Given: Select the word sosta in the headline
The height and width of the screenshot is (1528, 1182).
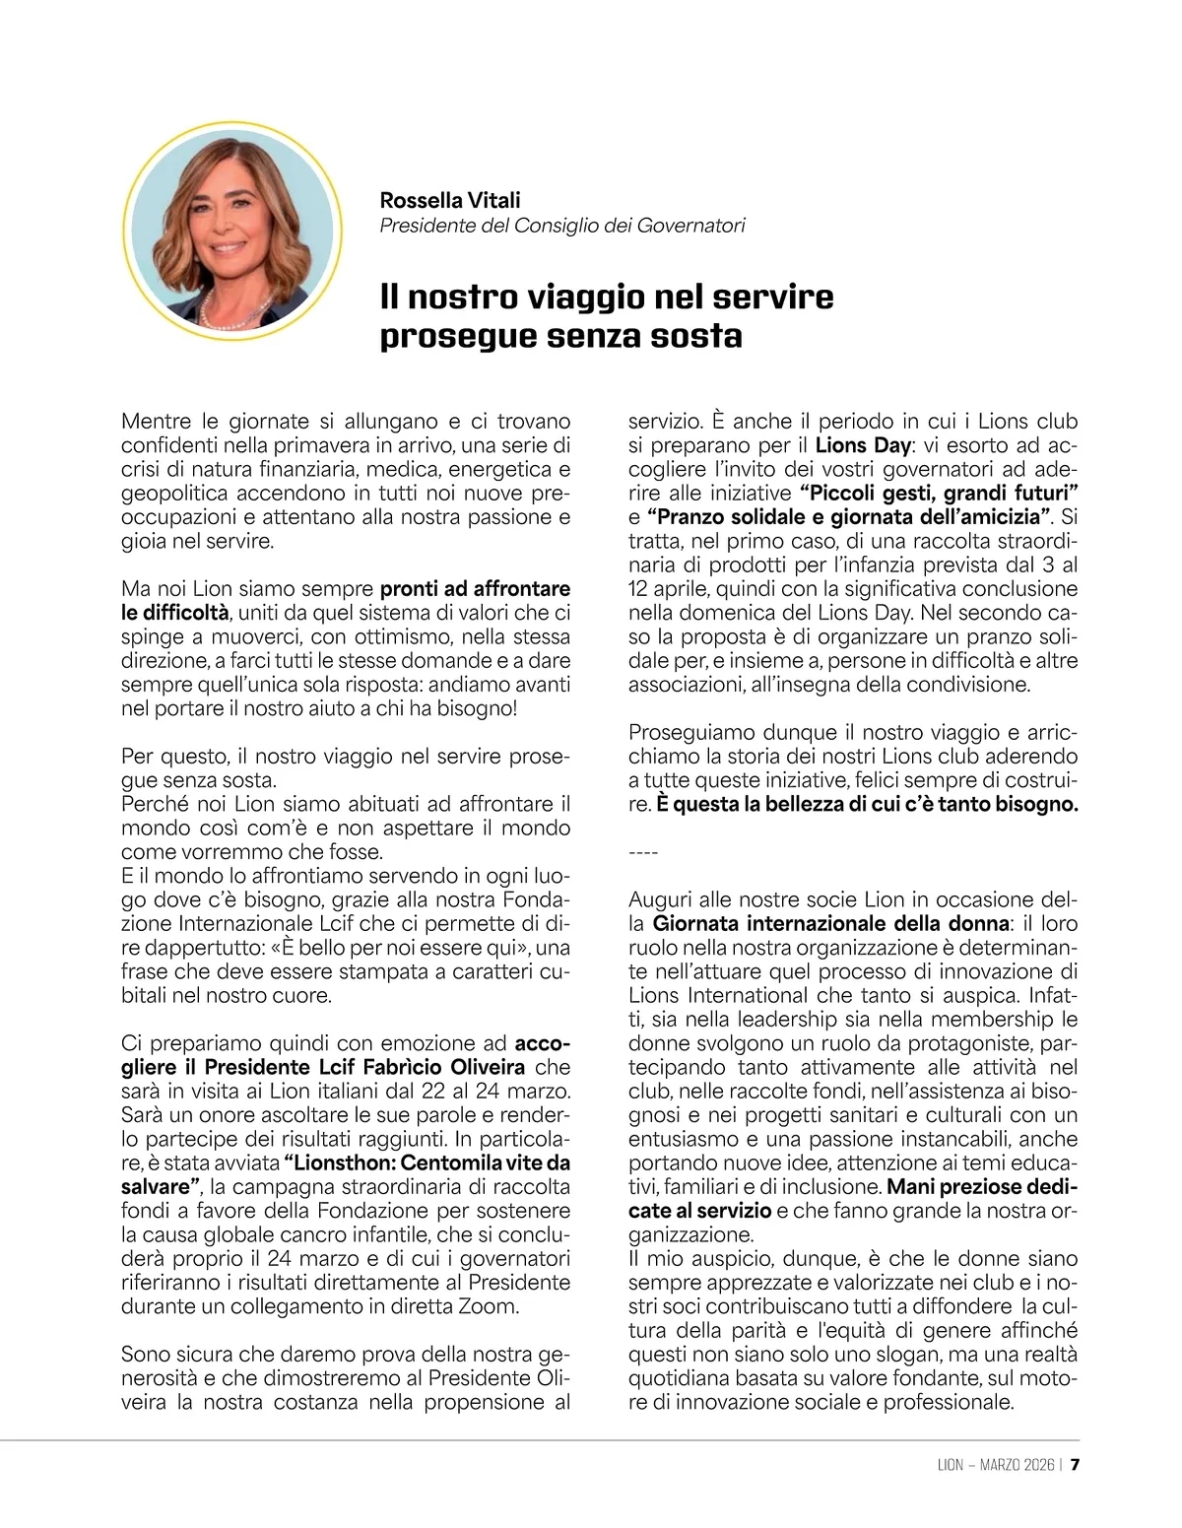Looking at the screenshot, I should [697, 336].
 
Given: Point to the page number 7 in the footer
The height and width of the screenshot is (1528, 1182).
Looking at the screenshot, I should [1076, 1464].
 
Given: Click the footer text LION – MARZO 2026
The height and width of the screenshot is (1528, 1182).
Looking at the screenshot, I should [995, 1464].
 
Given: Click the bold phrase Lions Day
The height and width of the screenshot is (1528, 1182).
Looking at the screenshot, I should [863, 445].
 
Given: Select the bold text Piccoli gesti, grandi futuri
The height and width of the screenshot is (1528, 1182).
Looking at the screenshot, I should [940, 493].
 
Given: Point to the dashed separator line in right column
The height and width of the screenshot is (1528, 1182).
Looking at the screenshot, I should [642, 852].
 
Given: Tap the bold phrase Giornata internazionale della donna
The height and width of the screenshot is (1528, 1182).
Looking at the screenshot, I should [831, 924].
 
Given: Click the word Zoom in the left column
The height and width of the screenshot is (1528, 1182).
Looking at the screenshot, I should [493, 1306].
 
